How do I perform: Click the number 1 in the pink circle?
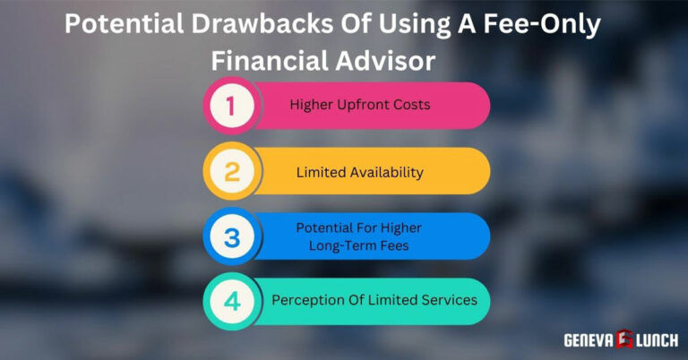click(231, 107)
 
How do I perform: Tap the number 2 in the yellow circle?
click(231, 172)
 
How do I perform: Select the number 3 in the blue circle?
click(231, 237)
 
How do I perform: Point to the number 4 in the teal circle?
click(231, 302)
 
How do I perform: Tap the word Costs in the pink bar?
click(410, 105)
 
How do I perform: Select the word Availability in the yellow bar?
click(386, 172)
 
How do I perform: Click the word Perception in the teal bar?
click(307, 300)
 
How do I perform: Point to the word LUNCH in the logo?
click(656, 339)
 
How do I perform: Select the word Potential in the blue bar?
click(325, 228)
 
